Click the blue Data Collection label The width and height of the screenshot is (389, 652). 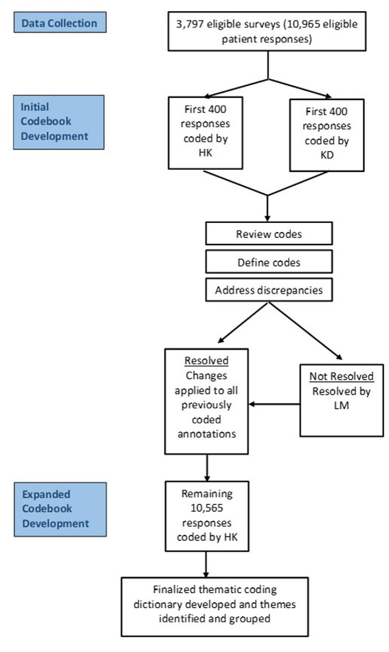click(60, 23)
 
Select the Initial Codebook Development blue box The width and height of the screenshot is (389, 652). click(58, 122)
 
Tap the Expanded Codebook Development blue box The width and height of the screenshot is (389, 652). click(60, 509)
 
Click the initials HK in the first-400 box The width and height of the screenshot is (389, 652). click(205, 153)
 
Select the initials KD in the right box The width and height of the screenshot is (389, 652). click(327, 155)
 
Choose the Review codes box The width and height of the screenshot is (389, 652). click(269, 234)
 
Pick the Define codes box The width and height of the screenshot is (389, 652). click(269, 262)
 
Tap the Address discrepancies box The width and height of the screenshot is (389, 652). click(269, 290)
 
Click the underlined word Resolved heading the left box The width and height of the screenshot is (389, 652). click(207, 361)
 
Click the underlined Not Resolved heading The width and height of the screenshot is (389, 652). click(341, 376)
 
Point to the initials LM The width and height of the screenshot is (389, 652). click(341, 406)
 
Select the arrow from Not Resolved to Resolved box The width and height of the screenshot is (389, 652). click(274, 404)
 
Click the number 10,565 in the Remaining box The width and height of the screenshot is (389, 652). click(207, 508)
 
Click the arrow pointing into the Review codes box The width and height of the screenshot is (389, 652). click(267, 210)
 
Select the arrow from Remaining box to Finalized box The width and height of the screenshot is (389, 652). click(207, 564)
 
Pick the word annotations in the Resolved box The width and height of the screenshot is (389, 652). click(207, 434)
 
